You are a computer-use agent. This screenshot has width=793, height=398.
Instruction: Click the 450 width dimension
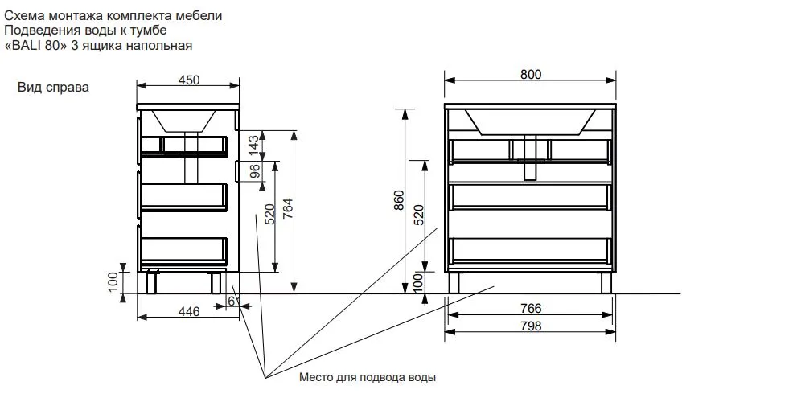tap(189, 80)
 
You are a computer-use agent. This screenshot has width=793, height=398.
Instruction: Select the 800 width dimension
tap(531, 74)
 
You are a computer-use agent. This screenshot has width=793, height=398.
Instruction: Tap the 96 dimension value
tap(255, 172)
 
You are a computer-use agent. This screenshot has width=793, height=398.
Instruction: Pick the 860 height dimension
tap(399, 200)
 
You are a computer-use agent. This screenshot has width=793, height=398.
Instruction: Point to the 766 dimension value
tap(531, 308)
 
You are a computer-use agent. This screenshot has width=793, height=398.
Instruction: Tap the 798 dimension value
tap(531, 326)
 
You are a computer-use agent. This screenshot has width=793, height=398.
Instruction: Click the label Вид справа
tap(53, 87)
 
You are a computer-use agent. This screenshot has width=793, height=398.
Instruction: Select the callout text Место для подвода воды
tap(368, 377)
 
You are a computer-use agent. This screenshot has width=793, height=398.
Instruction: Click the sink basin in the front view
tap(530, 122)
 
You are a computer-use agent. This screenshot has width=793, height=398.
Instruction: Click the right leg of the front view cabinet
tap(606, 282)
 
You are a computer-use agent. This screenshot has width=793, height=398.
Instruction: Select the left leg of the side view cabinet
tap(151, 282)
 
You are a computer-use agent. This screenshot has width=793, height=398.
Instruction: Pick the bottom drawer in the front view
tap(530, 250)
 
